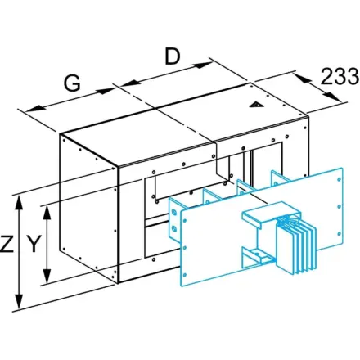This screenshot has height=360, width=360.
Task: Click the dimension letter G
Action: pyautogui.click(x=72, y=83)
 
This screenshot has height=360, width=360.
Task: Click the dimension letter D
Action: pyautogui.click(x=173, y=56)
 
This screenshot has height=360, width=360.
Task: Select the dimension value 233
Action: pyautogui.click(x=340, y=76)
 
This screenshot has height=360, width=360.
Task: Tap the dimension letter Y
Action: pyautogui.click(x=34, y=244)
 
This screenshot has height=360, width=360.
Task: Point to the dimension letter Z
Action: pyautogui.click(x=7, y=244)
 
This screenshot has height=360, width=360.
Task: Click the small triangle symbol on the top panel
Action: pyautogui.click(x=256, y=105)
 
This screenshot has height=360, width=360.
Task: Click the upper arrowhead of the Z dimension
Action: pyautogui.click(x=19, y=203)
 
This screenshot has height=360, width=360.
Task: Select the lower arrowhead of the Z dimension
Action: pyautogui.click(x=19, y=302)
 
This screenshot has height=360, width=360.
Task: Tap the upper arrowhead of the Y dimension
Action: pyautogui.click(x=47, y=213)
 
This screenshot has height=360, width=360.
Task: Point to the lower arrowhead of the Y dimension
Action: pyautogui.click(x=47, y=276)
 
